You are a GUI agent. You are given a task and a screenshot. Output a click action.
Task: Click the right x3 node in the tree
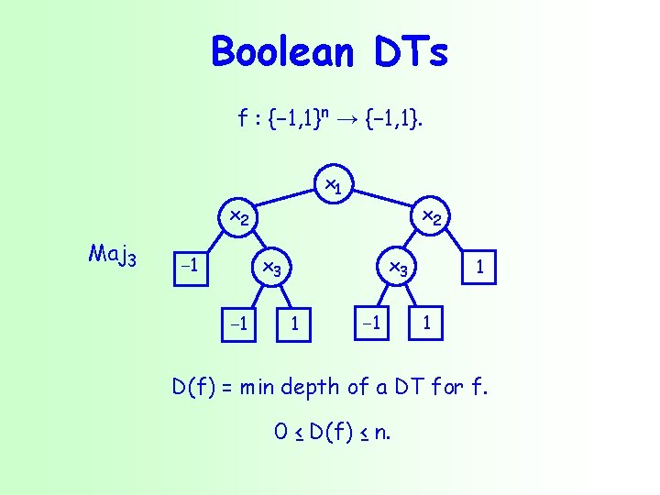click(399, 269)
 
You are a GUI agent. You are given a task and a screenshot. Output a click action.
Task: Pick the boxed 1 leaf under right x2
click(478, 268)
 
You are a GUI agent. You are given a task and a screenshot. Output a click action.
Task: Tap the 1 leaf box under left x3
click(293, 323)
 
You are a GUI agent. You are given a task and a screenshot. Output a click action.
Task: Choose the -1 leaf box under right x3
click(371, 323)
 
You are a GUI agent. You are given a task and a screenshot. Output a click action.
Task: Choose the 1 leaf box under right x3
click(424, 323)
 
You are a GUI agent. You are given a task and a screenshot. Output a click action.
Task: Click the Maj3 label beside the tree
click(113, 254)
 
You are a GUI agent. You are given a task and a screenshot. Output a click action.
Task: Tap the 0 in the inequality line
click(280, 432)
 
